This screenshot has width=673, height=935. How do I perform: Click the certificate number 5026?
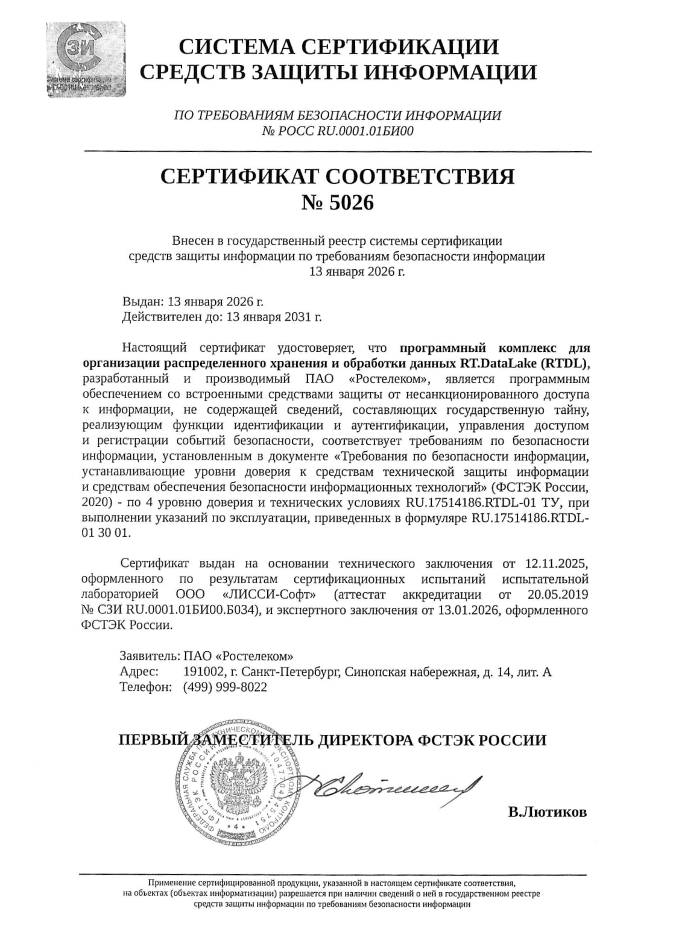click(x=351, y=203)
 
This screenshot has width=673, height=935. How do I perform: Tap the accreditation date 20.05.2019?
click(x=553, y=595)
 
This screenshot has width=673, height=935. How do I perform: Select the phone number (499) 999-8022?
click(x=224, y=687)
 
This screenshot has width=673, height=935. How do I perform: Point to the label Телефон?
click(x=147, y=687)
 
